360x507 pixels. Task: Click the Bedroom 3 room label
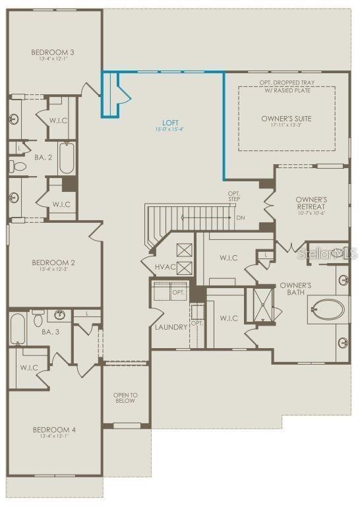click(54, 52)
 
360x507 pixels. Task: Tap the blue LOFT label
click(171, 123)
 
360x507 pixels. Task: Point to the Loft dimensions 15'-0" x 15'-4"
click(171, 130)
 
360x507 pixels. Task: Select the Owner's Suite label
click(286, 119)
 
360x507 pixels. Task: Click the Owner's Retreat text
click(311, 202)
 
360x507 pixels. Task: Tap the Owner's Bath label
click(295, 289)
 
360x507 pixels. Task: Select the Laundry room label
click(171, 327)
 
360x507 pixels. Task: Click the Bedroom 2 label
click(54, 262)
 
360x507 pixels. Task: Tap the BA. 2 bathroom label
click(44, 158)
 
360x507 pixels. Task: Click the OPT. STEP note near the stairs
click(235, 196)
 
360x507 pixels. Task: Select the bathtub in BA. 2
click(67, 158)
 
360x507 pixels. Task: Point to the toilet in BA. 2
click(18, 166)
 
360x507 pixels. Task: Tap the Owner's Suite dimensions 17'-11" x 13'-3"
click(286, 126)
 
